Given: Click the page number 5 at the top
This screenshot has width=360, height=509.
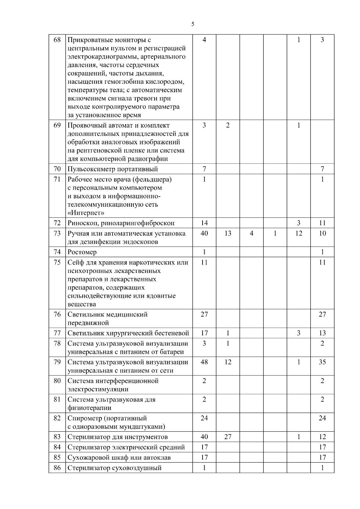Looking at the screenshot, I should [193, 24].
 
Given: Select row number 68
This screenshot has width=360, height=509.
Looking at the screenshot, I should [57, 40].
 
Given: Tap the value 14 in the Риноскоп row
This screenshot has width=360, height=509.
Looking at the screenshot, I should [204, 223].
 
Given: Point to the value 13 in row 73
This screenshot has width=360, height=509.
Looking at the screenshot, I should [228, 233].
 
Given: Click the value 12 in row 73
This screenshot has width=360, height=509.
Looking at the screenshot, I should [298, 233].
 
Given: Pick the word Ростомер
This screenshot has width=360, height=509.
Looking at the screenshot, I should [82, 252].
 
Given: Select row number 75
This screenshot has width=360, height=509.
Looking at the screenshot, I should [57, 262].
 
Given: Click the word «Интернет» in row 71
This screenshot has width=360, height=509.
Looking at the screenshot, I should [86, 213].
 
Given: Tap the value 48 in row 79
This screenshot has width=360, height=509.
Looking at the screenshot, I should [204, 362].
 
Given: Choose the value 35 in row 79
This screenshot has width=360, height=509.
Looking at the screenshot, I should [322, 362].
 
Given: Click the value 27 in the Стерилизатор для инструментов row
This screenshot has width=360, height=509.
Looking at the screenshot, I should [228, 437].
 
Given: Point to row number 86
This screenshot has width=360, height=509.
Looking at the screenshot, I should [57, 468].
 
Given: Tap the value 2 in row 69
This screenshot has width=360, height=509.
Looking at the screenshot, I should [228, 125].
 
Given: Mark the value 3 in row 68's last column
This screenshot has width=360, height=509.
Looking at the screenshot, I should [322, 40].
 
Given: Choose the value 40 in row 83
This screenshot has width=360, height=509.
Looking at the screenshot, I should [204, 437].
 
